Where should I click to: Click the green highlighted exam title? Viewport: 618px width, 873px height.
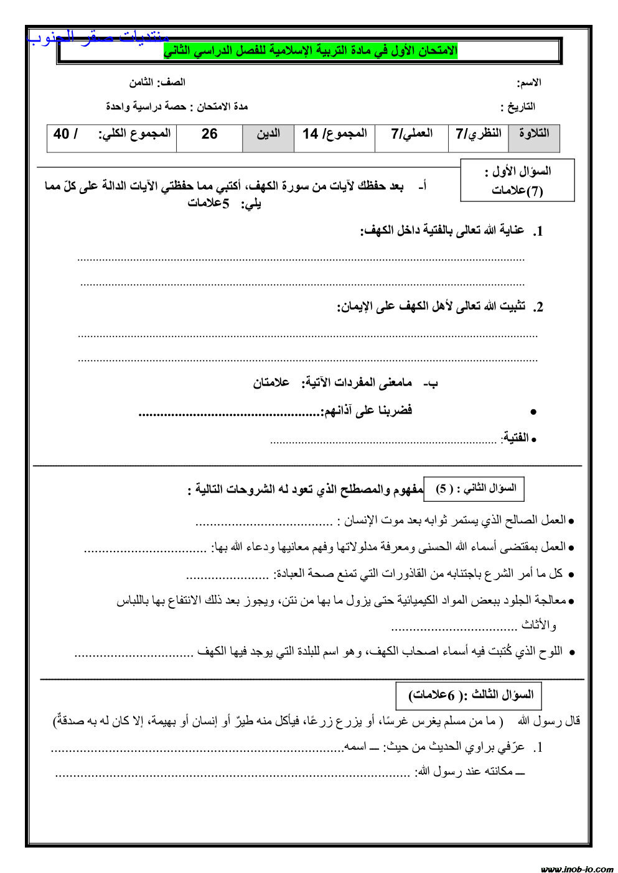[311, 51]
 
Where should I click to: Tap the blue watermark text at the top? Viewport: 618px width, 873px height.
[98, 37]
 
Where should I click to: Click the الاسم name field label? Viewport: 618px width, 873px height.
[528, 83]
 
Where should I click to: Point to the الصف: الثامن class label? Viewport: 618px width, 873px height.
[157, 82]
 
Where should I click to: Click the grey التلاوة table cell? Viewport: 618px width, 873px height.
[533, 137]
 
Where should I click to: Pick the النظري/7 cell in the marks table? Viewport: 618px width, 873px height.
[478, 137]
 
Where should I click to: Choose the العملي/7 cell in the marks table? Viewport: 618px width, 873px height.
[411, 137]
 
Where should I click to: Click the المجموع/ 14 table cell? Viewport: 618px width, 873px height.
[334, 137]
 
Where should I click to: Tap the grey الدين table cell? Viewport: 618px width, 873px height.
[268, 137]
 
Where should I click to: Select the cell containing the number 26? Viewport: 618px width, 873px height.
[209, 137]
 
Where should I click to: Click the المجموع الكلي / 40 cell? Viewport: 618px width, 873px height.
[112, 137]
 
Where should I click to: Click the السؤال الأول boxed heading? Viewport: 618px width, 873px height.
[517, 180]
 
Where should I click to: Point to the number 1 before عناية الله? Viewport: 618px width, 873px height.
[538, 232]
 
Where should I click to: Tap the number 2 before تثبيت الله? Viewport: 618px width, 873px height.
[538, 307]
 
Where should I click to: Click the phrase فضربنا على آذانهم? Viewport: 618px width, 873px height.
[367, 410]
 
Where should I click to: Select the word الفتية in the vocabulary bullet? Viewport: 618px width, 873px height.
[515, 438]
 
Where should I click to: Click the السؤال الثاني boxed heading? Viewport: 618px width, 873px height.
[474, 489]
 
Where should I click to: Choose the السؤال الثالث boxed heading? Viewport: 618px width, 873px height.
[469, 695]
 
